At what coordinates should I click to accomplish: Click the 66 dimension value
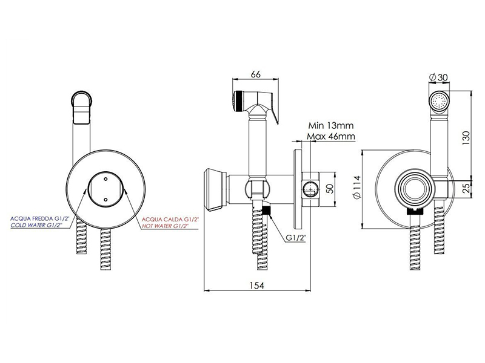point(256,74)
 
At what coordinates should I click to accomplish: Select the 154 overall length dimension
point(257,286)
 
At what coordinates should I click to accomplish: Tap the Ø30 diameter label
point(438,77)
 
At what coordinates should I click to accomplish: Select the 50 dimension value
point(330,188)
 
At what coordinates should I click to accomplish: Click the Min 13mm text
point(331,126)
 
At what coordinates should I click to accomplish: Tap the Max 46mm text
point(331,136)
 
